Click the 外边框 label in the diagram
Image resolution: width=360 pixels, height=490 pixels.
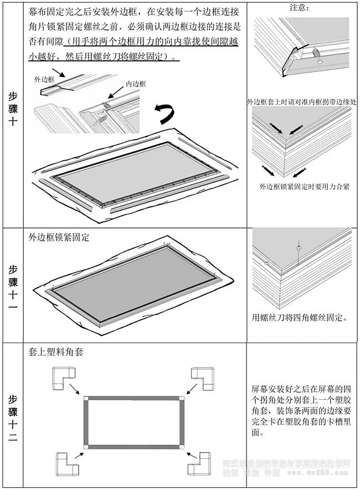pos(45,79)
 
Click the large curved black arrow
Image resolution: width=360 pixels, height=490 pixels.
pos(164,113)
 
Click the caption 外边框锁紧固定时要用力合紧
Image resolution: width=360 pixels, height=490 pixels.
pos(305,186)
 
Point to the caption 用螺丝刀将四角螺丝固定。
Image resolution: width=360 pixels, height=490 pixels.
pos(300,318)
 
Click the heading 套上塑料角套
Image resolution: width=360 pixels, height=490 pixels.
pos(55,351)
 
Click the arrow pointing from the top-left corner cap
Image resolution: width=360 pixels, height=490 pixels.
pos(79,391)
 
